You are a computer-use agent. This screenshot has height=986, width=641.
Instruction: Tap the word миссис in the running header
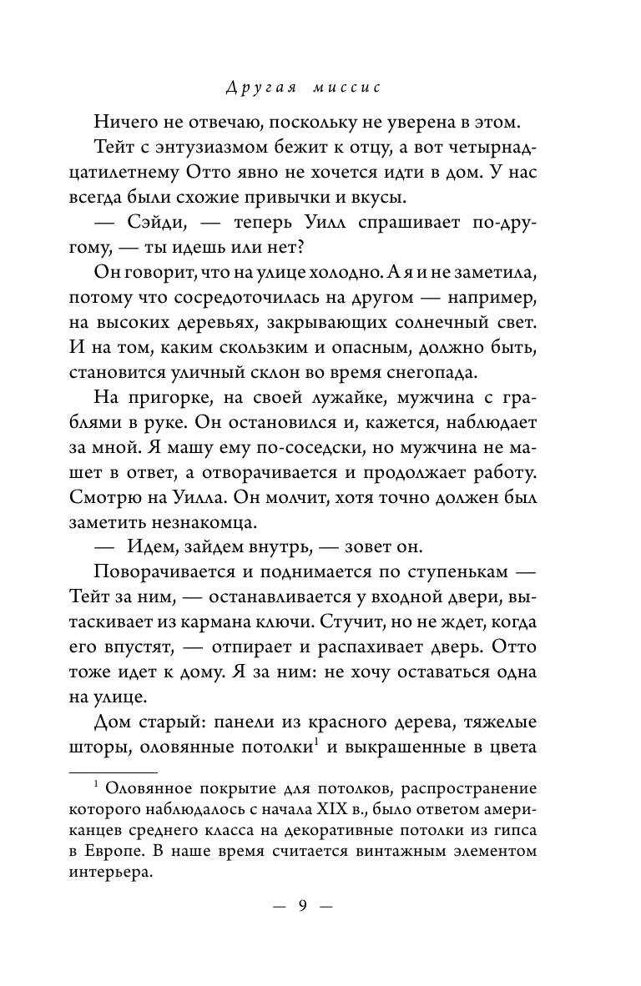coord(361,87)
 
